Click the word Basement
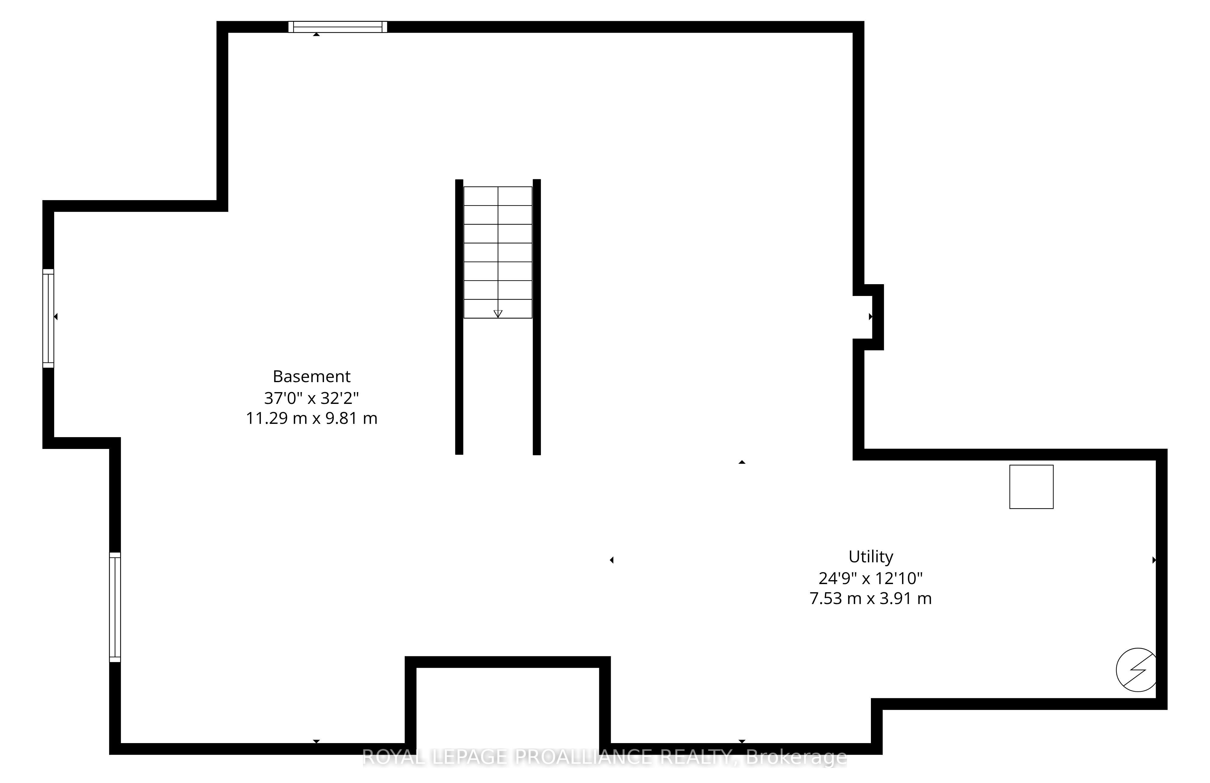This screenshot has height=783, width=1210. click(312, 376)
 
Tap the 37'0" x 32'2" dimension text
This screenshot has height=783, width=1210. click(312, 397)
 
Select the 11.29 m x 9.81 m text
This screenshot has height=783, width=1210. click(312, 418)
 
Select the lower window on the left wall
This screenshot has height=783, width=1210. click(115, 607)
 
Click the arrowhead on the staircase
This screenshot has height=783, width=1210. click(498, 314)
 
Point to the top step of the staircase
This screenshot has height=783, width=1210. click(498, 196)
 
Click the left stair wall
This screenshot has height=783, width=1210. click(459, 317)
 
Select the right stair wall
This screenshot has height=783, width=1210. click(536, 317)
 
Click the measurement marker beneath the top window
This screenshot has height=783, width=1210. click(316, 34)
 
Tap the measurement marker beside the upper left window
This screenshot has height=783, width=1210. click(56, 317)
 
